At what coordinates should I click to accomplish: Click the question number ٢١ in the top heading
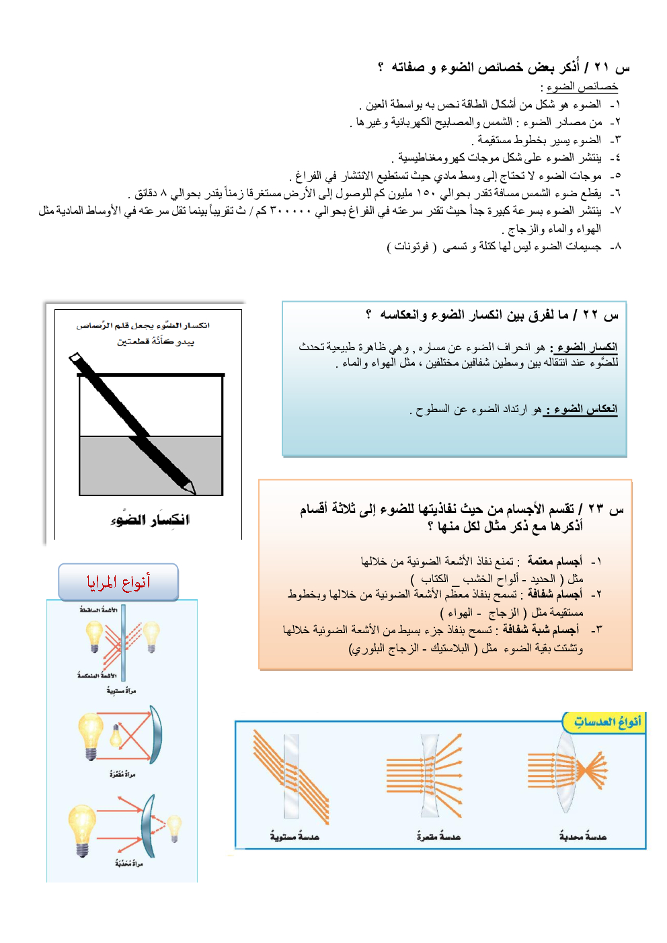pyautogui.click(x=602, y=67)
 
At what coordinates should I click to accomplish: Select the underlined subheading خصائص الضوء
pyautogui.click(x=582, y=87)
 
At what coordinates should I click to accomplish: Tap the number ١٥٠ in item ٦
pyautogui.click(x=426, y=194)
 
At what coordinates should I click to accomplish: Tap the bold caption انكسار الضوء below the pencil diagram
pyautogui.click(x=150, y=520)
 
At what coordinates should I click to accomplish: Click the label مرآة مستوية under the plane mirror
pyautogui.click(x=121, y=690)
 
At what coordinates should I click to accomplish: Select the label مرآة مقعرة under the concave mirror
pyautogui.click(x=122, y=774)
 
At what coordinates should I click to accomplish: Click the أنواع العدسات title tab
pyautogui.click(x=606, y=722)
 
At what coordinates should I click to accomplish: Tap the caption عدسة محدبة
pyautogui.click(x=582, y=837)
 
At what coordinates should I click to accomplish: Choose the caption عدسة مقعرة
pyautogui.click(x=438, y=837)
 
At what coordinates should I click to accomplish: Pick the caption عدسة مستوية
pyautogui.click(x=295, y=837)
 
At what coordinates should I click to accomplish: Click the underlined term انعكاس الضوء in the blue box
pyautogui.click(x=581, y=409)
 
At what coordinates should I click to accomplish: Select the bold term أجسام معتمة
pyautogui.click(x=555, y=561)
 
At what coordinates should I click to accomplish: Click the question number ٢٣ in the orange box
pyautogui.click(x=596, y=509)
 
